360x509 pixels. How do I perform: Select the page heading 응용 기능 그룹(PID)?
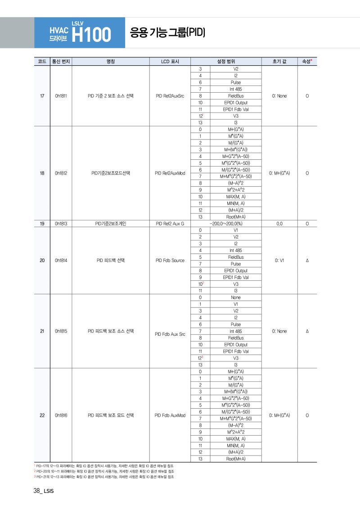pyautogui.click(x=167, y=32)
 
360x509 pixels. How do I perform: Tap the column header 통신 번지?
pyautogui.click(x=61, y=61)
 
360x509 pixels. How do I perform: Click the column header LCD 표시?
pyautogui.click(x=170, y=61)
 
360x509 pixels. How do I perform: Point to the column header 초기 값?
pyautogui.click(x=279, y=61)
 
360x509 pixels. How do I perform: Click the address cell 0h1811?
pyautogui.click(x=61, y=96)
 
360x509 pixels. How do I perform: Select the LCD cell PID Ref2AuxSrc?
pyautogui.click(x=170, y=96)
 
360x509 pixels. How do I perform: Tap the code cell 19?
pyautogui.click(x=42, y=223)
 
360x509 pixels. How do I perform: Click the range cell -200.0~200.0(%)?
pyautogui.click(x=226, y=223)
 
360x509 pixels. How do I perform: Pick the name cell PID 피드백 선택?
pyautogui.click(x=111, y=260)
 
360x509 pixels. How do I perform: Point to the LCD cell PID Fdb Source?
pyautogui.click(x=170, y=260)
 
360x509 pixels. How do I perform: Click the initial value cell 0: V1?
pyautogui.click(x=279, y=260)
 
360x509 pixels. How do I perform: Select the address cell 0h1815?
pyautogui.click(x=61, y=331)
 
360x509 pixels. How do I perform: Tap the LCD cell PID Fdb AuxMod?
pyautogui.click(x=170, y=415)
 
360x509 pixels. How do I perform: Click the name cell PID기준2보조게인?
pyautogui.click(x=111, y=223)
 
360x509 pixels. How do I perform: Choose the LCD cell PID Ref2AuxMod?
pyautogui.click(x=170, y=173)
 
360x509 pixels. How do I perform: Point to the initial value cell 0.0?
pyautogui.click(x=279, y=223)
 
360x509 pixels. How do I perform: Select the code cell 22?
pyautogui.click(x=42, y=415)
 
